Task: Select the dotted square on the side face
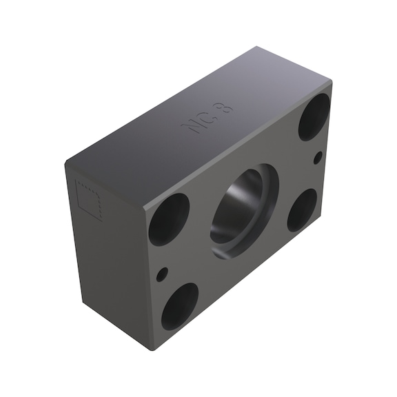click(x=88, y=200)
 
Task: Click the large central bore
click(x=241, y=210)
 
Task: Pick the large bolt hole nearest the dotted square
click(x=169, y=218)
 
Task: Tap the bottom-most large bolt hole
click(x=180, y=305)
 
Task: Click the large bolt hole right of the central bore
click(x=302, y=210)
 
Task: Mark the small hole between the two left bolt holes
click(x=161, y=274)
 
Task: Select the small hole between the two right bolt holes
click(x=318, y=158)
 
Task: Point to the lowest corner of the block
click(x=154, y=349)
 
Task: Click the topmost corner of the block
click(x=256, y=48)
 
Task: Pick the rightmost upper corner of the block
click(x=332, y=83)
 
